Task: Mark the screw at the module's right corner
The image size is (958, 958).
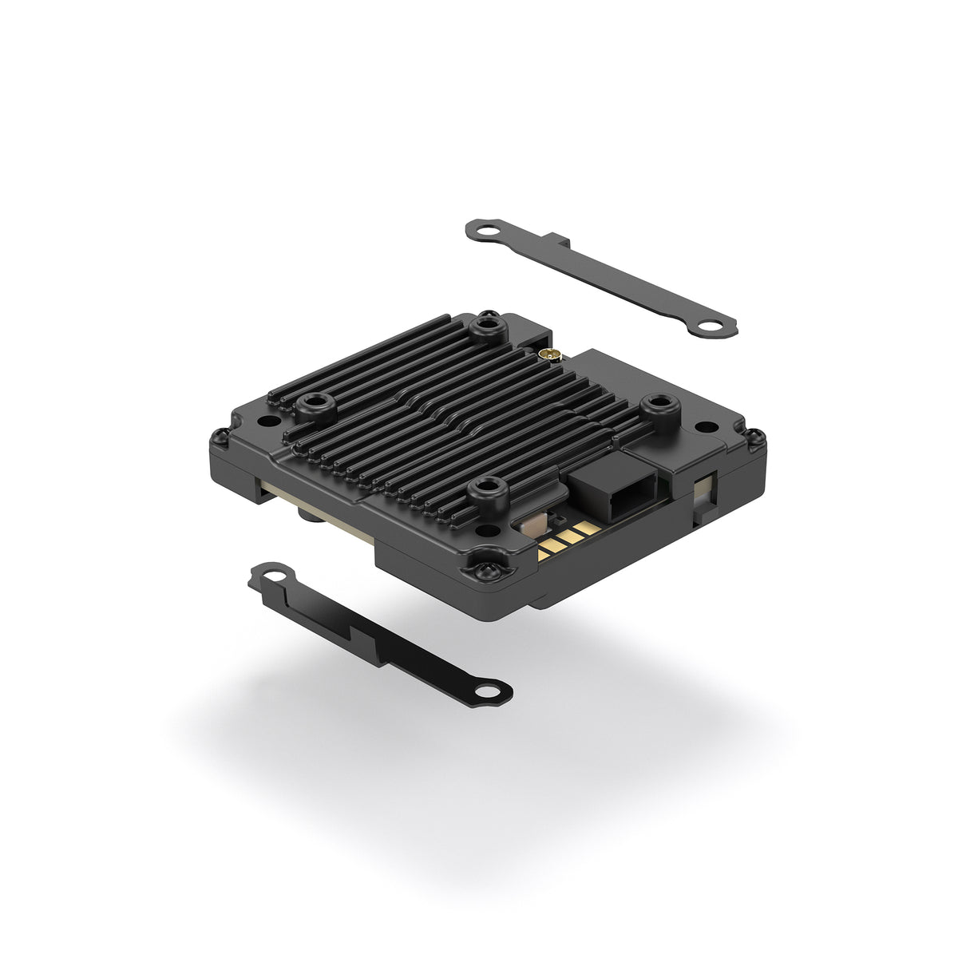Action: [754, 437]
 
